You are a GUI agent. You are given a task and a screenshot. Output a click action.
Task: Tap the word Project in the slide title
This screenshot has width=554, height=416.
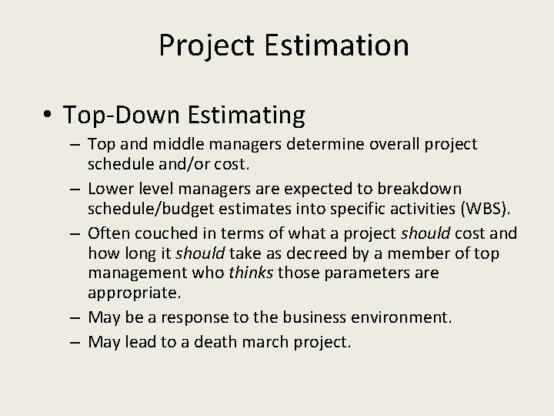point(204,45)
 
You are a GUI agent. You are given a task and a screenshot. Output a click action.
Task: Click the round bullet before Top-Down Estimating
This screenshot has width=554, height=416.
point(48,116)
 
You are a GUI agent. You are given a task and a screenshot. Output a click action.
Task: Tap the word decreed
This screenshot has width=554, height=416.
point(323,253)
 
